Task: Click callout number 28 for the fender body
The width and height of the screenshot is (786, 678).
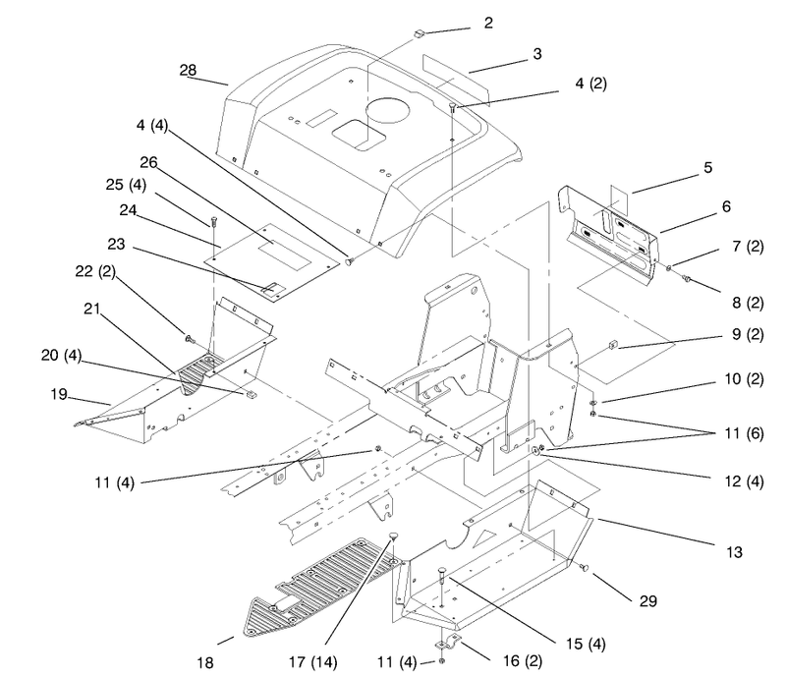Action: click(x=188, y=70)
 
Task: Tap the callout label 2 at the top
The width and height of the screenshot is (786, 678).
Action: click(x=488, y=23)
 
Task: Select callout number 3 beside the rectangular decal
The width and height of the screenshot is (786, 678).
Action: click(x=537, y=54)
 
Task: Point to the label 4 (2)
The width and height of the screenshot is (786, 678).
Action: click(x=590, y=84)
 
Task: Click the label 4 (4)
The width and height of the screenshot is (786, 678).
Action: click(x=152, y=125)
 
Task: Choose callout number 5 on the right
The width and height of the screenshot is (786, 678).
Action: click(x=707, y=167)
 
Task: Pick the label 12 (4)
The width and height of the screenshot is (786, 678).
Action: click(x=744, y=481)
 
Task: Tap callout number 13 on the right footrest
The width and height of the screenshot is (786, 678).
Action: click(x=734, y=552)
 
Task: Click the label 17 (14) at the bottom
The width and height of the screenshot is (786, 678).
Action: click(x=312, y=662)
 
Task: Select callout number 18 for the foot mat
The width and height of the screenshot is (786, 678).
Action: click(x=205, y=663)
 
